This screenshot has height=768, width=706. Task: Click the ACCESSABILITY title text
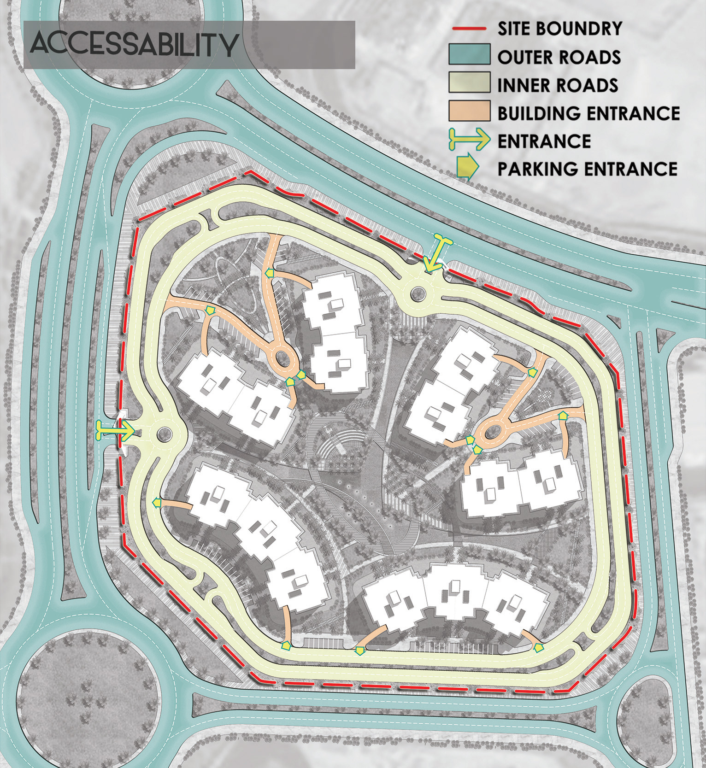point(134,45)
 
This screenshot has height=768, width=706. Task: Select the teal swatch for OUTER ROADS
point(469,55)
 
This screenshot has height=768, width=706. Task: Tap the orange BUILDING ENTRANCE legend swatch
point(469,111)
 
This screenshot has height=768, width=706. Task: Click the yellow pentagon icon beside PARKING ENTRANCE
point(466,168)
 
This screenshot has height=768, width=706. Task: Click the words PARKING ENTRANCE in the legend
point(587,168)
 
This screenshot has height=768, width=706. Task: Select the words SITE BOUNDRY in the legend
point(559,29)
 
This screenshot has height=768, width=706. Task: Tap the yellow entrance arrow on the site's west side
point(115,430)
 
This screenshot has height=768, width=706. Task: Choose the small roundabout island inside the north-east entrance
point(418,292)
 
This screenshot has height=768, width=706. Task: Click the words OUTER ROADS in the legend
point(559,57)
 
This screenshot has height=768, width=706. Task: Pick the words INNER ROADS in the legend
point(558,85)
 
